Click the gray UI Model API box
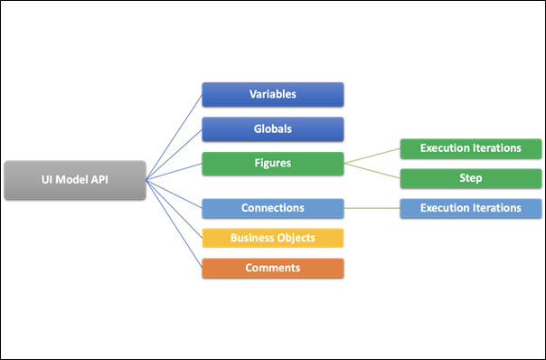pyautogui.click(x=74, y=180)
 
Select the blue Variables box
pyautogui.click(x=272, y=94)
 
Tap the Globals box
pyautogui.click(x=272, y=128)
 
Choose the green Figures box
pyautogui.click(x=272, y=164)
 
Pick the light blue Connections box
pyautogui.click(x=272, y=208)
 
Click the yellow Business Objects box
pyautogui.click(x=272, y=238)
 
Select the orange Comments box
pyautogui.click(x=272, y=268)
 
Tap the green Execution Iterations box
pyautogui.click(x=470, y=147)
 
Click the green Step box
pyautogui.click(x=470, y=178)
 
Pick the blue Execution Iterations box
pyautogui.click(x=470, y=208)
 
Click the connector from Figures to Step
pyautogui.click(x=372, y=171)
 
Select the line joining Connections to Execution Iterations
pyautogui.click(x=372, y=208)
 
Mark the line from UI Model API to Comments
pyautogui.click(x=174, y=224)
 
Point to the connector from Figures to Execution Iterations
pyautogui.click(x=372, y=156)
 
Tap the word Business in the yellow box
pyautogui.click(x=253, y=238)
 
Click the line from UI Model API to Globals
pyautogui.click(x=174, y=154)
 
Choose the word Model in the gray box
pyautogui.click(x=74, y=180)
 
